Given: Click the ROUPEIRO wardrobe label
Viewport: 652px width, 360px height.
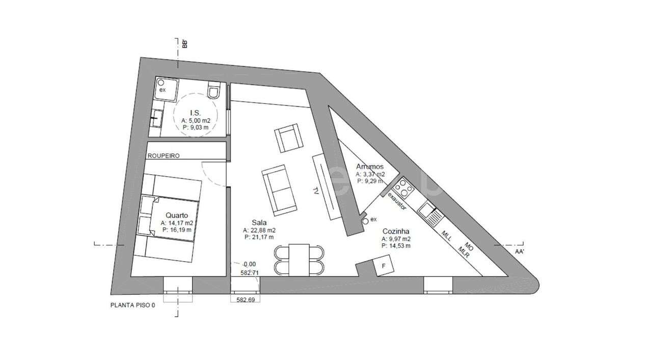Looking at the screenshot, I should click(x=163, y=156).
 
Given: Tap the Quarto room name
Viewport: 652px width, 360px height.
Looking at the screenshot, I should click(x=176, y=215).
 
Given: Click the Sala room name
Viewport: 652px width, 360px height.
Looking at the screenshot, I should click(x=260, y=223).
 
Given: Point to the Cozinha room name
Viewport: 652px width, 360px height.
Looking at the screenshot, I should click(x=396, y=231).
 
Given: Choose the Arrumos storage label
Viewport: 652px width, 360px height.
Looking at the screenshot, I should click(x=370, y=167).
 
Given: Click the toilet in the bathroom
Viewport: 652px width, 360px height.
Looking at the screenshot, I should click(x=214, y=92).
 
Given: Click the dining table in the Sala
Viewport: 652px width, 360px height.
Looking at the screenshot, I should click(x=299, y=259).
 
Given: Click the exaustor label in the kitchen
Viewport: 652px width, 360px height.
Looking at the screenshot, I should click(x=397, y=201).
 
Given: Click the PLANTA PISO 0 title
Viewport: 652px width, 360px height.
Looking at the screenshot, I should click(x=132, y=306).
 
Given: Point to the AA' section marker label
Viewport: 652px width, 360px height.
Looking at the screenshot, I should click(x=520, y=252).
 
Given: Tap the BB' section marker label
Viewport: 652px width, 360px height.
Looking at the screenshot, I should click(x=185, y=43).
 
